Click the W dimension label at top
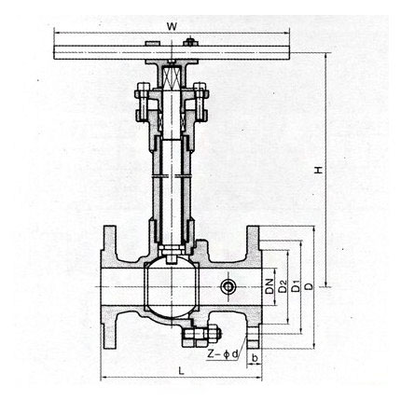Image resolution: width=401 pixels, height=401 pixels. [x=172, y=26]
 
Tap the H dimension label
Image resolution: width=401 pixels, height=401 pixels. [x=319, y=170]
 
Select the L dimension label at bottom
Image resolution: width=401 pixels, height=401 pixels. [x=181, y=370]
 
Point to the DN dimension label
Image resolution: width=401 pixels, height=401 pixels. [x=270, y=286]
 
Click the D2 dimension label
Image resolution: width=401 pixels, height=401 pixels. [x=283, y=286]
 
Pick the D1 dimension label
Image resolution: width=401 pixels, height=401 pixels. [x=296, y=286]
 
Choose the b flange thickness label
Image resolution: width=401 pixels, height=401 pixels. [x=255, y=358]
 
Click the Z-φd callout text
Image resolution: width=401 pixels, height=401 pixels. [x=223, y=353]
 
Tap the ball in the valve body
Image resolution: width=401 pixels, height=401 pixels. [x=173, y=286]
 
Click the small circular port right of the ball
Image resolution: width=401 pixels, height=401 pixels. [x=228, y=286]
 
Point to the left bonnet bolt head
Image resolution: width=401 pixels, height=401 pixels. [x=143, y=86]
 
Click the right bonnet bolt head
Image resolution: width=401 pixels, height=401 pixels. [x=200, y=86]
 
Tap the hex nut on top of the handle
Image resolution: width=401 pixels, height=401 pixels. [x=190, y=41]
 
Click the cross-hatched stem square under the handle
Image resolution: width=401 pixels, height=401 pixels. [x=173, y=76]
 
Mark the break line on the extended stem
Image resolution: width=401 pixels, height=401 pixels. [x=173, y=176]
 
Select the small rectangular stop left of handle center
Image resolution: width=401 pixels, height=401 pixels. [x=153, y=43]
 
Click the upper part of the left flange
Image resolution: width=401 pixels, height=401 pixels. [x=109, y=242]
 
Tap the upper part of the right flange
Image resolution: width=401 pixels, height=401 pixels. [x=253, y=242]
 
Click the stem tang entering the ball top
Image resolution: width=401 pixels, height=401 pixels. [x=172, y=258]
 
